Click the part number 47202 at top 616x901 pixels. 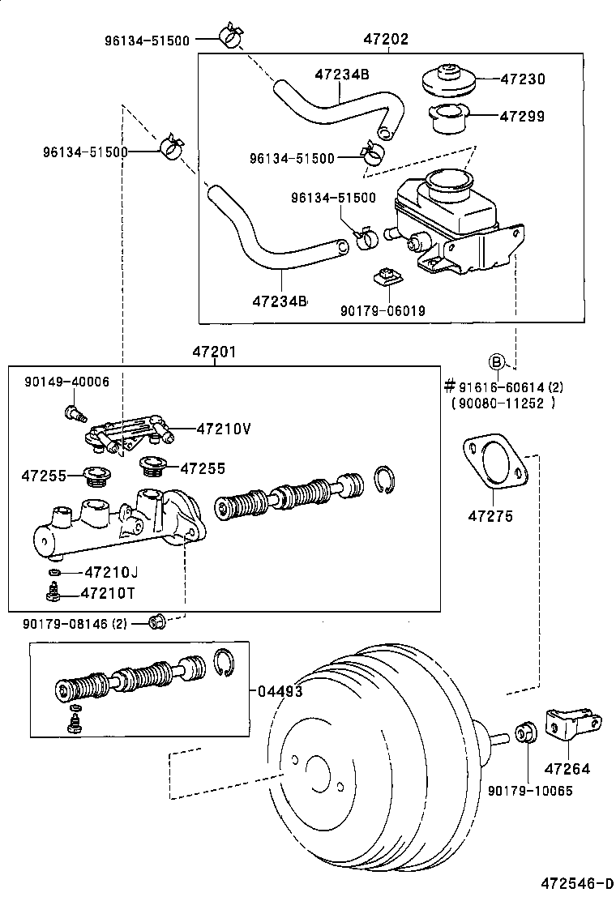point(386,38)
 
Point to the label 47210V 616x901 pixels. point(223,429)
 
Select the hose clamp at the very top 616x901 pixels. point(229,36)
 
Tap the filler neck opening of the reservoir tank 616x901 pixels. point(447,181)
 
